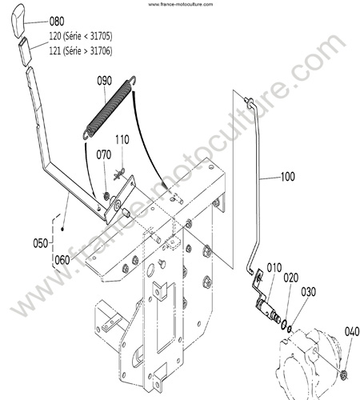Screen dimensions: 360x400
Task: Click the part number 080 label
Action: click(x=57, y=22)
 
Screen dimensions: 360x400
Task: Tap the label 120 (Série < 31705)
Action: click(x=81, y=36)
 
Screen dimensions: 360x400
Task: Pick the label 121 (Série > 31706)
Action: click(x=81, y=50)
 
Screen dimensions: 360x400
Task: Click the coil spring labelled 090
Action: click(x=110, y=107)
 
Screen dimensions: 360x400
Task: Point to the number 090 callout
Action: click(x=104, y=81)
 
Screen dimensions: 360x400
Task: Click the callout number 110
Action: click(x=122, y=140)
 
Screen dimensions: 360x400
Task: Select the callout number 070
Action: click(x=104, y=154)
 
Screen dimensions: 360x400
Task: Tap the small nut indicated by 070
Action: click(x=106, y=197)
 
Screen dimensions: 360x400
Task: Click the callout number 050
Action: click(x=41, y=243)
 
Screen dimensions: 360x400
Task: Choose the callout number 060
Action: click(x=62, y=260)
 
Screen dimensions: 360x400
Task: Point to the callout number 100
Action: click(x=288, y=177)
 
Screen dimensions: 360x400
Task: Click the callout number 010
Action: click(x=274, y=268)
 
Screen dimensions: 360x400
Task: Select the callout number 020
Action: click(x=290, y=278)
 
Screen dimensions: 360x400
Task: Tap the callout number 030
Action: click(x=309, y=292)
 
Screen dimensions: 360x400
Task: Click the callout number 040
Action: click(x=352, y=332)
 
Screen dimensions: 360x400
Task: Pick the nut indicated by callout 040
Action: click(x=344, y=375)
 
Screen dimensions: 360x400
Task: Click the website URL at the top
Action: click(x=181, y=4)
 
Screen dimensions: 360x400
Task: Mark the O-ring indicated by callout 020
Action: click(x=285, y=324)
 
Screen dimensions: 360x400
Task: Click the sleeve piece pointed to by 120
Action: click(x=25, y=51)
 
